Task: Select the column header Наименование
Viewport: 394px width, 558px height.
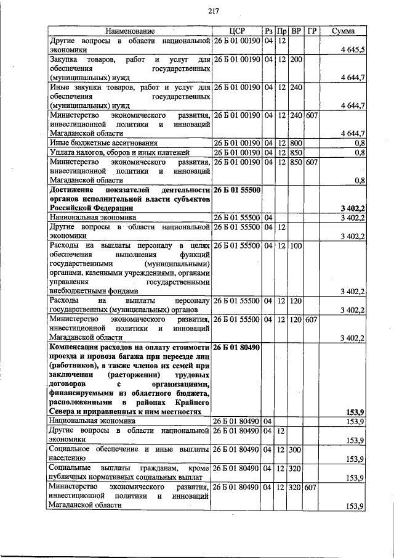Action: pyautogui.click(x=129, y=31)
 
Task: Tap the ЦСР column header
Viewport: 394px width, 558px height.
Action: pyautogui.click(x=236, y=31)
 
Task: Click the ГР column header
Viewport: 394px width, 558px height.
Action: pyautogui.click(x=312, y=31)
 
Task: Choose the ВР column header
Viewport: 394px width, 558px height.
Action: pyautogui.click(x=296, y=31)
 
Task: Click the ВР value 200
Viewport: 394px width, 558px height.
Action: pyautogui.click(x=295, y=59)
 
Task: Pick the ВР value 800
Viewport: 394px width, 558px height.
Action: pyautogui.click(x=295, y=142)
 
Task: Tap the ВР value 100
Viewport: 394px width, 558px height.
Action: pyautogui.click(x=295, y=245)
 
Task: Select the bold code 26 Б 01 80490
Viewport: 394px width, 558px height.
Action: pyautogui.click(x=236, y=348)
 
